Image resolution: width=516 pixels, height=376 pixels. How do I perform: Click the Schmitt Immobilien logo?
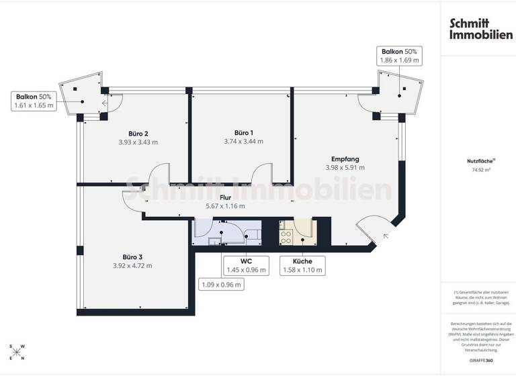pos(480,28)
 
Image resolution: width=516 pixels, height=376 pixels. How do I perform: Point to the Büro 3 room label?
pos(132,256)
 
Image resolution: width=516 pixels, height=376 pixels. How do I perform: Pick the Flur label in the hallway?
pos(225,197)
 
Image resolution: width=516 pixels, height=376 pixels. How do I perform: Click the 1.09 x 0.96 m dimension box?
pos(222,284)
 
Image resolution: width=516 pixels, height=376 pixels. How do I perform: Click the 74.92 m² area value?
pos(479,170)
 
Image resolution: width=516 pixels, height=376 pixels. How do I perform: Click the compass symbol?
pos(18,352)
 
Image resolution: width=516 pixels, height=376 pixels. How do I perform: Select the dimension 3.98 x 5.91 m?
pos(345,167)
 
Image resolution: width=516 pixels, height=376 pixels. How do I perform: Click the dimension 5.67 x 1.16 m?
pos(225,206)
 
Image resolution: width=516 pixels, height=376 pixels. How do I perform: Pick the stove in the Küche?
pos(285,235)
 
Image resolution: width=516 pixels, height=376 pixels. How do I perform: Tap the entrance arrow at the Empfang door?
pos(386,235)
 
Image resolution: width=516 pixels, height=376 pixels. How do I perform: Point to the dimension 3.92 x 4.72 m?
pos(132,265)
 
